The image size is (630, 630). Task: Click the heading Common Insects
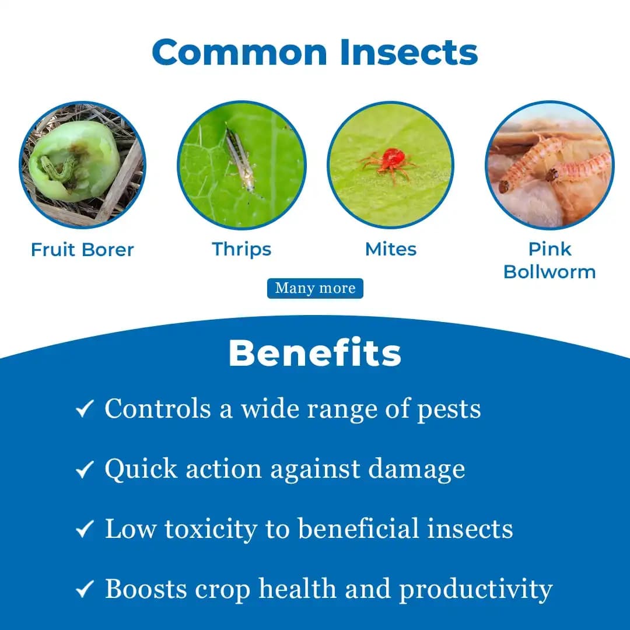click(x=315, y=52)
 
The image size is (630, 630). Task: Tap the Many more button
click(x=315, y=288)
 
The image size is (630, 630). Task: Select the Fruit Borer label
click(x=82, y=250)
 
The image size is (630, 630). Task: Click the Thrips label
click(x=242, y=249)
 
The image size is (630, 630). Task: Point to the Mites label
click(x=390, y=249)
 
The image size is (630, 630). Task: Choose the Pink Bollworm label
click(x=549, y=260)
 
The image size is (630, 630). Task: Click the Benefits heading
click(x=315, y=353)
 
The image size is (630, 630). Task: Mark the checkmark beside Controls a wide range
click(x=85, y=409)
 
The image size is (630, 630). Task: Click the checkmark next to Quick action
click(x=85, y=469)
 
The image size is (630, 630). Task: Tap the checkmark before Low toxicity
click(x=85, y=529)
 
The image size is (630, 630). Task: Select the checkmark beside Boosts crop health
click(x=85, y=590)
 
